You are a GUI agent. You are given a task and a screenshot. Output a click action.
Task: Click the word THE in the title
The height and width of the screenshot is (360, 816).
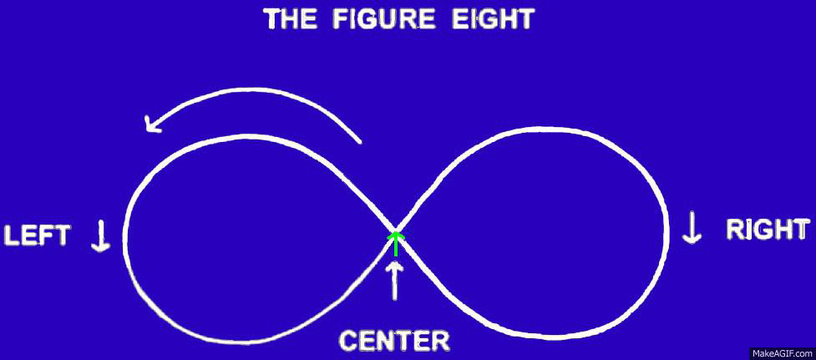(289, 19)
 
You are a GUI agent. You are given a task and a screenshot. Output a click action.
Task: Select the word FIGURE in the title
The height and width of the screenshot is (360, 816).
(384, 19)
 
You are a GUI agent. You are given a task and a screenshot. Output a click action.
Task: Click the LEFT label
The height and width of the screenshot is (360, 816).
(37, 236)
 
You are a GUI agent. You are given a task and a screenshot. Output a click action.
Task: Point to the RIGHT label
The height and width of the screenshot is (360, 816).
(768, 230)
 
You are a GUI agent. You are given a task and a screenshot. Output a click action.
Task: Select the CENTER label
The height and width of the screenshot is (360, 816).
(394, 342)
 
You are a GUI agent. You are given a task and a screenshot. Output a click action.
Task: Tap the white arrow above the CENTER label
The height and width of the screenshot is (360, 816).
(395, 281)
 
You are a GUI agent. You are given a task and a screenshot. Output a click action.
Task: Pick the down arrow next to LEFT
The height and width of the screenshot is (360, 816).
(100, 236)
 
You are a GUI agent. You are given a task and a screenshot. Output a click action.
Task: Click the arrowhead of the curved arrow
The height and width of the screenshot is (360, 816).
(152, 124)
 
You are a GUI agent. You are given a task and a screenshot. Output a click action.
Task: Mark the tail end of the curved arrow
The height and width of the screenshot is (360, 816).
(359, 141)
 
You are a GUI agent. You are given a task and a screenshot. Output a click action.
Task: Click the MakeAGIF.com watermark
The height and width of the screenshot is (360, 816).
(782, 354)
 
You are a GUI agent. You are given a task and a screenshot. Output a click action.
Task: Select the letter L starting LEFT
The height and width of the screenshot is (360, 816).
(12, 236)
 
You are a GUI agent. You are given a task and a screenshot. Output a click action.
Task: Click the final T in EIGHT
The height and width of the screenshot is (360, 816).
(525, 19)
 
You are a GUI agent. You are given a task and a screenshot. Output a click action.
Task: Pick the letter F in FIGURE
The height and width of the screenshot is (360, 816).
(340, 19)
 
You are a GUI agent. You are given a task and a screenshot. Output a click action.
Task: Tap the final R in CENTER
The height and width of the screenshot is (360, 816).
(440, 342)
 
